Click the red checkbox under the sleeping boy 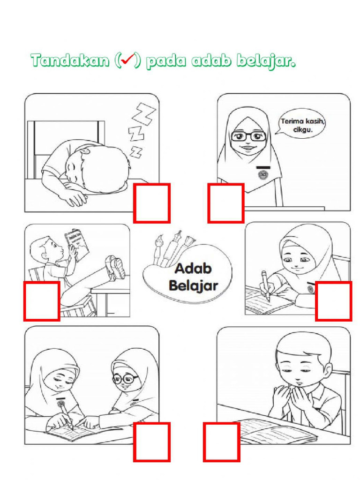(151, 203)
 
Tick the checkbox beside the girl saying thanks (225, 203)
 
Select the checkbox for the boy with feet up (42, 301)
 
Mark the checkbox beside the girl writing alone (334, 301)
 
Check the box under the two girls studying (151, 442)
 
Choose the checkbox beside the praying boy (221, 442)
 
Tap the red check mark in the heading (127, 60)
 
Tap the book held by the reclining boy (76, 244)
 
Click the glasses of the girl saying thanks (247, 136)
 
